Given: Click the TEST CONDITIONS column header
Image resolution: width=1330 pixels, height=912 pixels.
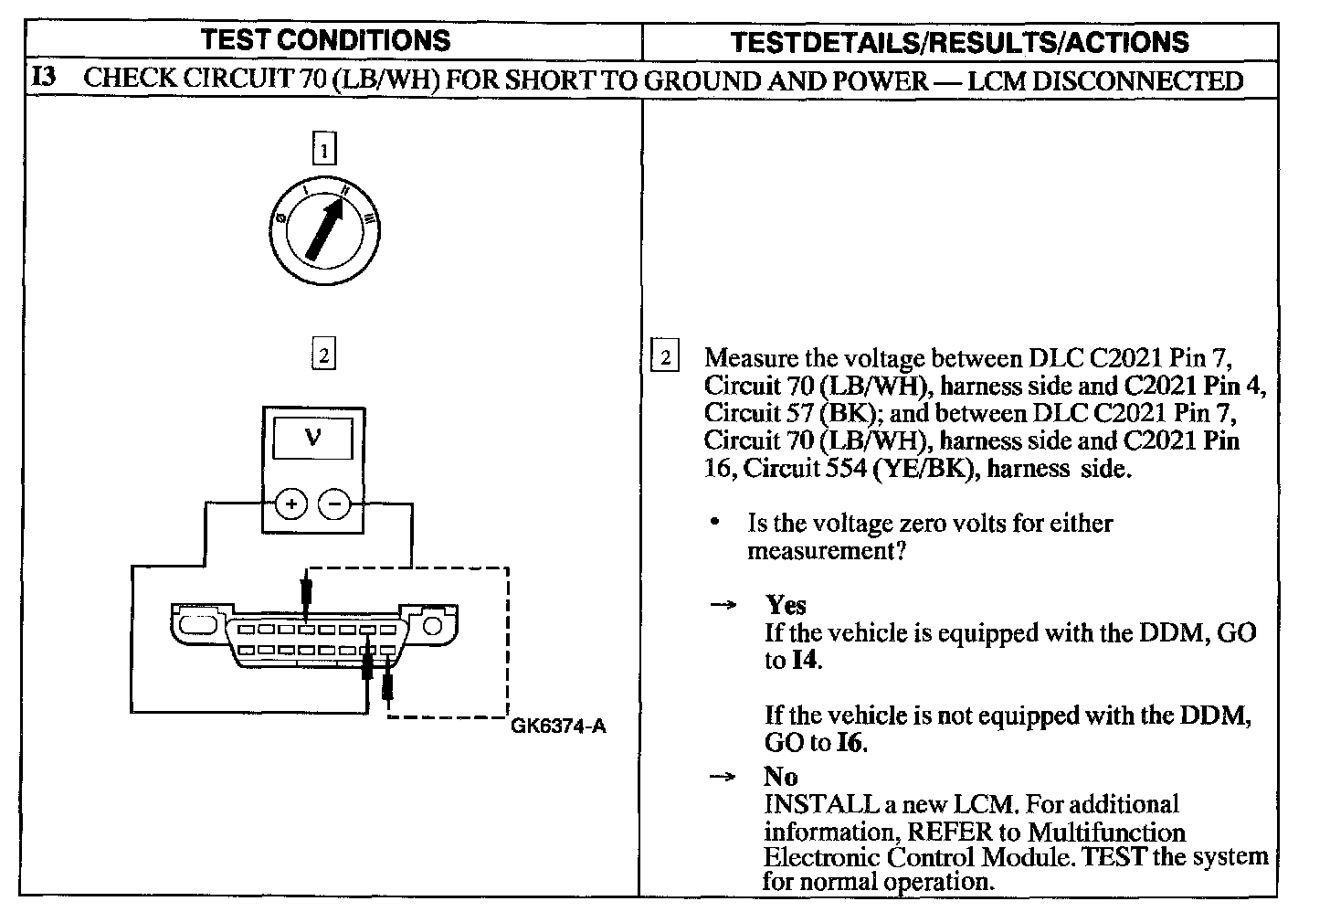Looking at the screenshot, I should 325,40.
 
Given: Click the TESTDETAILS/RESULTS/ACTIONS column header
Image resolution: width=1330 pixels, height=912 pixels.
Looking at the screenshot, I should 960,42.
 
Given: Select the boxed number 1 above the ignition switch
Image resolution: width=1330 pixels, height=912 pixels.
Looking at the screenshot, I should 324,148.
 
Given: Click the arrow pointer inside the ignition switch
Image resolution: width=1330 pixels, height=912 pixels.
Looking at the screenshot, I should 324,229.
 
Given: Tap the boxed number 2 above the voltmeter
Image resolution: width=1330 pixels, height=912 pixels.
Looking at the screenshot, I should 323,354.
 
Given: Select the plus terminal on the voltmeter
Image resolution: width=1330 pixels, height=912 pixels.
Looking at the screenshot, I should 290,504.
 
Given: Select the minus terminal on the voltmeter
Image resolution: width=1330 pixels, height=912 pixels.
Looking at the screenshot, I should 334,504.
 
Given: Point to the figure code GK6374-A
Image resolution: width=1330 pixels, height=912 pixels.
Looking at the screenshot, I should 557,726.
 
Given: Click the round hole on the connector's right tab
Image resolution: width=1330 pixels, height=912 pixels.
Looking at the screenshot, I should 433,625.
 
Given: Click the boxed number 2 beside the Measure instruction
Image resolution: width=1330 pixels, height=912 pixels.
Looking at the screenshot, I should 665,357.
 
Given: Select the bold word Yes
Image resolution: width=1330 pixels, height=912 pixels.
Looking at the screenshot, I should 786,605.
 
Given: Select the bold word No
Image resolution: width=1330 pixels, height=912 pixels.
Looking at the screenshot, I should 781,777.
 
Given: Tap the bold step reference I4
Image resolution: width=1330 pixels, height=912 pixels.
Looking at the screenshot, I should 804,660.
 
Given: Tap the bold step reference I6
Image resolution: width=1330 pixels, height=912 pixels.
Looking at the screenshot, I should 850,742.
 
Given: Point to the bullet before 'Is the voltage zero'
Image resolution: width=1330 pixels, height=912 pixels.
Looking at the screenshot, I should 716,523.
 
